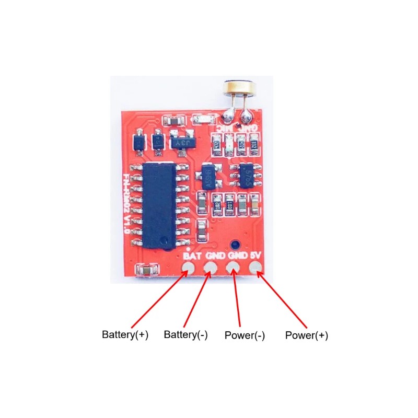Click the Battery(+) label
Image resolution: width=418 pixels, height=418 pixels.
[x=125, y=335]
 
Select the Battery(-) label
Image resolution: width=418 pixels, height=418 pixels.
[x=185, y=335]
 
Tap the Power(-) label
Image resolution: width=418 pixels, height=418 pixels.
[x=245, y=335]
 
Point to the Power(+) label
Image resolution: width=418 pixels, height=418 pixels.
[x=307, y=335]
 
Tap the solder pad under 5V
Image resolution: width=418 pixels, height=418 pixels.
[x=256, y=269]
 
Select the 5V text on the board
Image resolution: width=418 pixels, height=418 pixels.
[x=256, y=256]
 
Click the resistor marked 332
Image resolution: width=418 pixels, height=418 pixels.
[x=254, y=143]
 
